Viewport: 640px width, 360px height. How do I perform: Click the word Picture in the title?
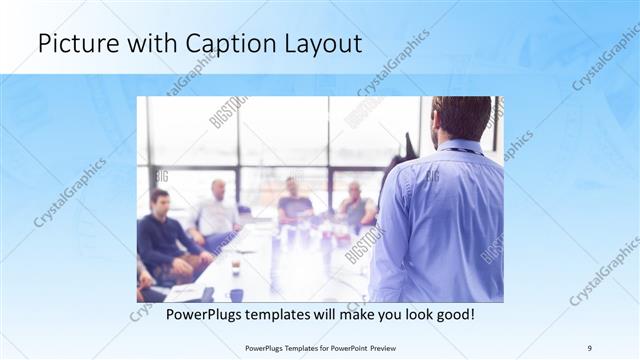point(74,44)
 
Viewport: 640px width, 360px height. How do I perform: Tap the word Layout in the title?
point(319,44)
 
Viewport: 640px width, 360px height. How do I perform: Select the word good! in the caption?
point(453,313)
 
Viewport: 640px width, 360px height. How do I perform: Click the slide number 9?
point(589,347)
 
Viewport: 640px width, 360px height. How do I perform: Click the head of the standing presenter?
point(462,118)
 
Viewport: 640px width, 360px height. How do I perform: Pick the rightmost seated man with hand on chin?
point(355,204)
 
